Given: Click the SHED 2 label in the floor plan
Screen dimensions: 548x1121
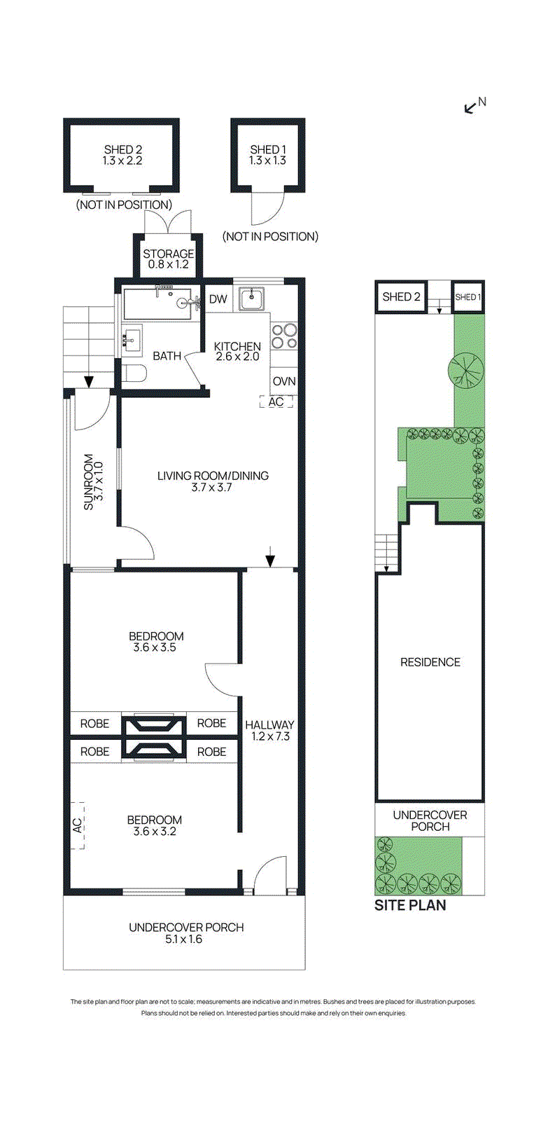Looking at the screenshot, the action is [x=123, y=149].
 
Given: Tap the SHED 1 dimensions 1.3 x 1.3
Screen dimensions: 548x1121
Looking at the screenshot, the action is [x=267, y=160].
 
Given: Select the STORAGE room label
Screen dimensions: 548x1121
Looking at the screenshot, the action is [x=168, y=254].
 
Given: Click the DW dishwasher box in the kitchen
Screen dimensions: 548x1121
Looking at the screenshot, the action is [x=218, y=299].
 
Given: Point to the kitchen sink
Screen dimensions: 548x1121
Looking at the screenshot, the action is [x=252, y=298].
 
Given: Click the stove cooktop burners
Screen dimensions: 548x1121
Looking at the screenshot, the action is [x=284, y=336].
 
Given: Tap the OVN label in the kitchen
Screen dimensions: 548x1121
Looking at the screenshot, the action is [x=284, y=381].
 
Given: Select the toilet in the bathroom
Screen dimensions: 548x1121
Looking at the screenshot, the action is [x=134, y=373].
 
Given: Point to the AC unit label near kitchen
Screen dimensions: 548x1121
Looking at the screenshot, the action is [x=276, y=402].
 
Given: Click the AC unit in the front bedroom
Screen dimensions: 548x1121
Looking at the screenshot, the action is [x=77, y=825].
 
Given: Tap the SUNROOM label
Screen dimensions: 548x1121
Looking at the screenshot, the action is [x=88, y=482].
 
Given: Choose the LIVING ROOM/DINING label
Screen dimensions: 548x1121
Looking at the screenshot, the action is [x=213, y=476].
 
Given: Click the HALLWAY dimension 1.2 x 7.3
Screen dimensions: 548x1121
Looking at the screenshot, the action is [x=270, y=736].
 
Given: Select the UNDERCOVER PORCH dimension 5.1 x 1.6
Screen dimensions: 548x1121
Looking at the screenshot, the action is [x=184, y=940].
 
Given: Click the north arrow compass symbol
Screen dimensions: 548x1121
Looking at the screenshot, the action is [x=470, y=108].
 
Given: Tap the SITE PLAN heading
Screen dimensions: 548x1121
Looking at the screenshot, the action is [x=410, y=905].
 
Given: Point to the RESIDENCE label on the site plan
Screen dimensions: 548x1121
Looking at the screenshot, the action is [x=430, y=663].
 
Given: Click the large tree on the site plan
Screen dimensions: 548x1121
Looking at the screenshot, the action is [x=465, y=370].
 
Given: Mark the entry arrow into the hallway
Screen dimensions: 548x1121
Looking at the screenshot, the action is [x=270, y=556].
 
